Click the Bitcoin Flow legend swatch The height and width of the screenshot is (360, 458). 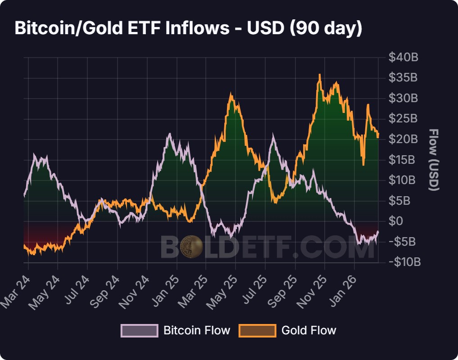[140, 330]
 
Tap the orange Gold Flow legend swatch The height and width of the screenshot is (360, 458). [258, 330]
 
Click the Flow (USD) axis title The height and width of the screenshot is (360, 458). [433, 160]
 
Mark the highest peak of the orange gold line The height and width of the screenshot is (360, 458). [320, 75]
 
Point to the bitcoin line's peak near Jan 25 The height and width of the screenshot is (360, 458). [169, 134]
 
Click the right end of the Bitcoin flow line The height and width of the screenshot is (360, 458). [378, 231]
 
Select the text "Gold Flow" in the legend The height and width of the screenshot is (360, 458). [308, 330]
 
